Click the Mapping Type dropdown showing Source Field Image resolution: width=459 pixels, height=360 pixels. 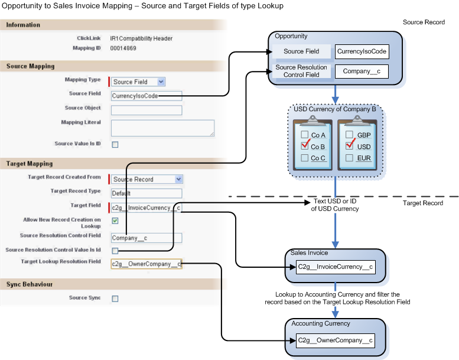tap(138, 82)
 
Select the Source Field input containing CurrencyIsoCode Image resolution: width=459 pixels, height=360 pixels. tap(146, 96)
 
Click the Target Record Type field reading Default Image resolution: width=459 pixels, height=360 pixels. tap(146, 193)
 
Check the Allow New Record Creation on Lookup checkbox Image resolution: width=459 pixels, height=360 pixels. tap(115, 221)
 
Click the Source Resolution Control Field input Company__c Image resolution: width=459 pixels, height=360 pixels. tap(146, 238)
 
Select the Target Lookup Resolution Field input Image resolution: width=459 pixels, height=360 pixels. tap(146, 264)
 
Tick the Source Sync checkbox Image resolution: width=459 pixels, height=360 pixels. tap(115, 299)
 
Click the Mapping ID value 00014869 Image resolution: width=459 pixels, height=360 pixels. tap(123, 48)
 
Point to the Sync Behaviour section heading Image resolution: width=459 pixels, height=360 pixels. tap(29, 284)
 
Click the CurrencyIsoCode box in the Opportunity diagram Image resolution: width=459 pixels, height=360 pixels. tap(362, 51)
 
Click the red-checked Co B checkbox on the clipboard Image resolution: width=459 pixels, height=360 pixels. tap(305, 146)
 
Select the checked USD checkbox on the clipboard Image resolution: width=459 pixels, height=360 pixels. tap(350, 146)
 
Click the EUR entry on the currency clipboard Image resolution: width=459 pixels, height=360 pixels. tap(364, 158)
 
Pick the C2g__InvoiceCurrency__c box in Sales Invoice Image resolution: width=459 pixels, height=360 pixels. tap(334, 267)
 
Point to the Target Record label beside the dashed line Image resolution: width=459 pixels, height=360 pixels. tap(423, 203)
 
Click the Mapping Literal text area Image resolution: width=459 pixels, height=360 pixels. tap(162, 128)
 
